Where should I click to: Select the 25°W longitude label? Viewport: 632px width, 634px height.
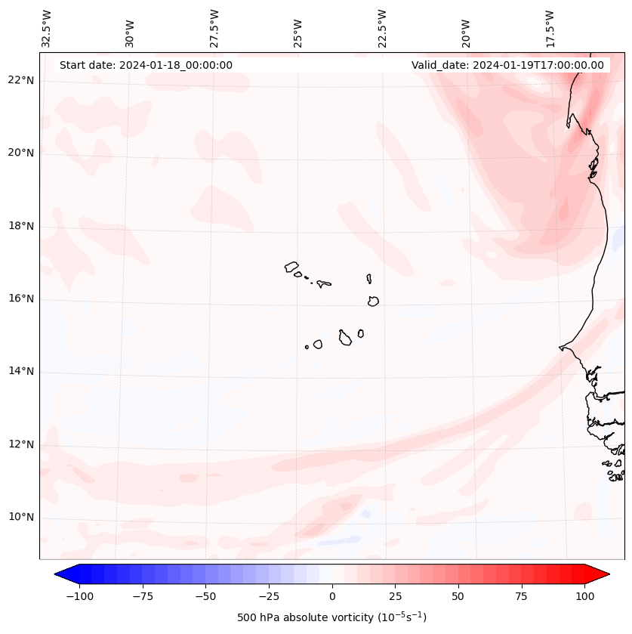tap(298, 29)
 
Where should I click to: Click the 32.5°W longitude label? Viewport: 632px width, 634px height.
tap(47, 28)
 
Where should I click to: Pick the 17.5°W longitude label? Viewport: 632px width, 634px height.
tap(550, 28)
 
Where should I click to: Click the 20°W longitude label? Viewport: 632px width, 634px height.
tap(466, 29)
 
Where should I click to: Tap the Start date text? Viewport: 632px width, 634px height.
tap(146, 65)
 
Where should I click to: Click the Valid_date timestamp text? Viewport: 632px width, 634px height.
tap(507, 65)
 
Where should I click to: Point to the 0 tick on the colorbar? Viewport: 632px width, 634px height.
tap(332, 595)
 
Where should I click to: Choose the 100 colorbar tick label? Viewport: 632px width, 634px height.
tap(584, 595)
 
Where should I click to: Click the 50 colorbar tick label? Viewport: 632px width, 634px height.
tap(458, 595)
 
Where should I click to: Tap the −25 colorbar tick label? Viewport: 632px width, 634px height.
tap(269, 595)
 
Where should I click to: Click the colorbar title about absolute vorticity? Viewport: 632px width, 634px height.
tap(331, 617)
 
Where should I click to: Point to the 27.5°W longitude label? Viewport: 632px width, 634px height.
tap(214, 28)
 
